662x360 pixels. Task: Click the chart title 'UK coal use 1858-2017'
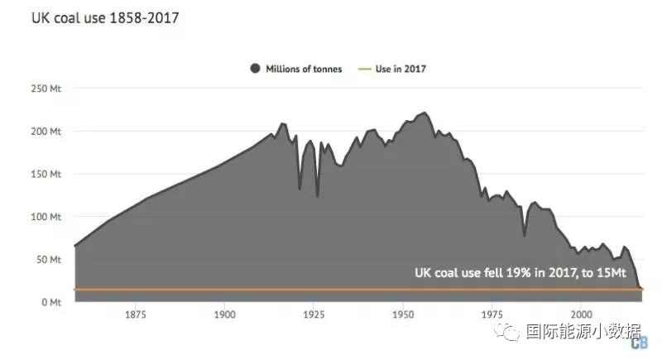point(92,17)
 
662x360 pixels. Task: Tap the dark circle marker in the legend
point(255,69)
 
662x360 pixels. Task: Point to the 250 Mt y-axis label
point(45,88)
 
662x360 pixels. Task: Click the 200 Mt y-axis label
point(45,131)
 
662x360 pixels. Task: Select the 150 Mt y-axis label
point(45,174)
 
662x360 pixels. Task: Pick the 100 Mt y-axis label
point(45,217)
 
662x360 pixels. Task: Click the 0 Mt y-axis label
point(49,302)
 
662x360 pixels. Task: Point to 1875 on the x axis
point(136,315)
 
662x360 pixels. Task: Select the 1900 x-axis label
point(225,315)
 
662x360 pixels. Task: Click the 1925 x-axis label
point(314,315)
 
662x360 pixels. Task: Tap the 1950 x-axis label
point(403,315)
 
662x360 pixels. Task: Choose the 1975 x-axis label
point(492,315)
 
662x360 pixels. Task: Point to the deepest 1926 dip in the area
point(318,196)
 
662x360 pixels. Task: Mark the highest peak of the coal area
point(425,113)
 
